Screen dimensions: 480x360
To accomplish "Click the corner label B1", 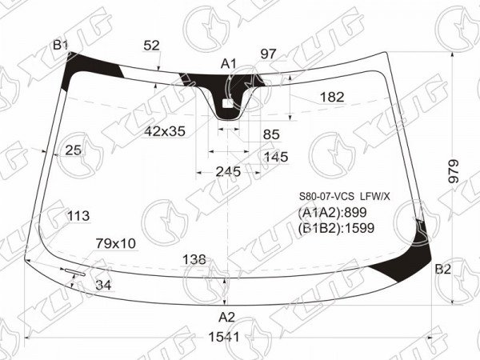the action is (60, 46).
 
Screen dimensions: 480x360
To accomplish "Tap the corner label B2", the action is (443, 270).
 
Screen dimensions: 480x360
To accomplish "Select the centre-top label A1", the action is (229, 64).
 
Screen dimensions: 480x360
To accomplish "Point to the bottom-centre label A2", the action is (226, 318).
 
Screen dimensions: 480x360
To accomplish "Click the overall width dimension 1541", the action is (224, 337).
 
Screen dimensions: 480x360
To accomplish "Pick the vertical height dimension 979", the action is (454, 171).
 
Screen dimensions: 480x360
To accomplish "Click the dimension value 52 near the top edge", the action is (151, 46).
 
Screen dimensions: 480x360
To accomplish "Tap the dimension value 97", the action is (268, 54).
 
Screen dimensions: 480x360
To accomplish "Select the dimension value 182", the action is (332, 98).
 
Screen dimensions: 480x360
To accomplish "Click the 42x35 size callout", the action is (165, 131).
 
